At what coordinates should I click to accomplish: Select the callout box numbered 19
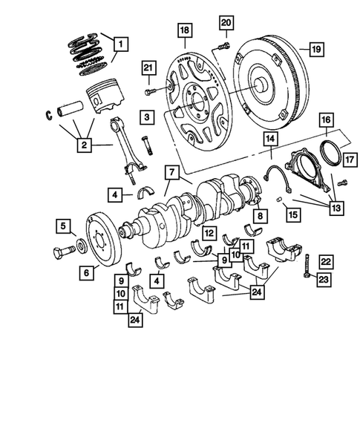point(315,50)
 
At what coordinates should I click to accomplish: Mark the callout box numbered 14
point(271,139)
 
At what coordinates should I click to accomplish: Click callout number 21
point(148,69)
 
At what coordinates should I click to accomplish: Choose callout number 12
point(210,233)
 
